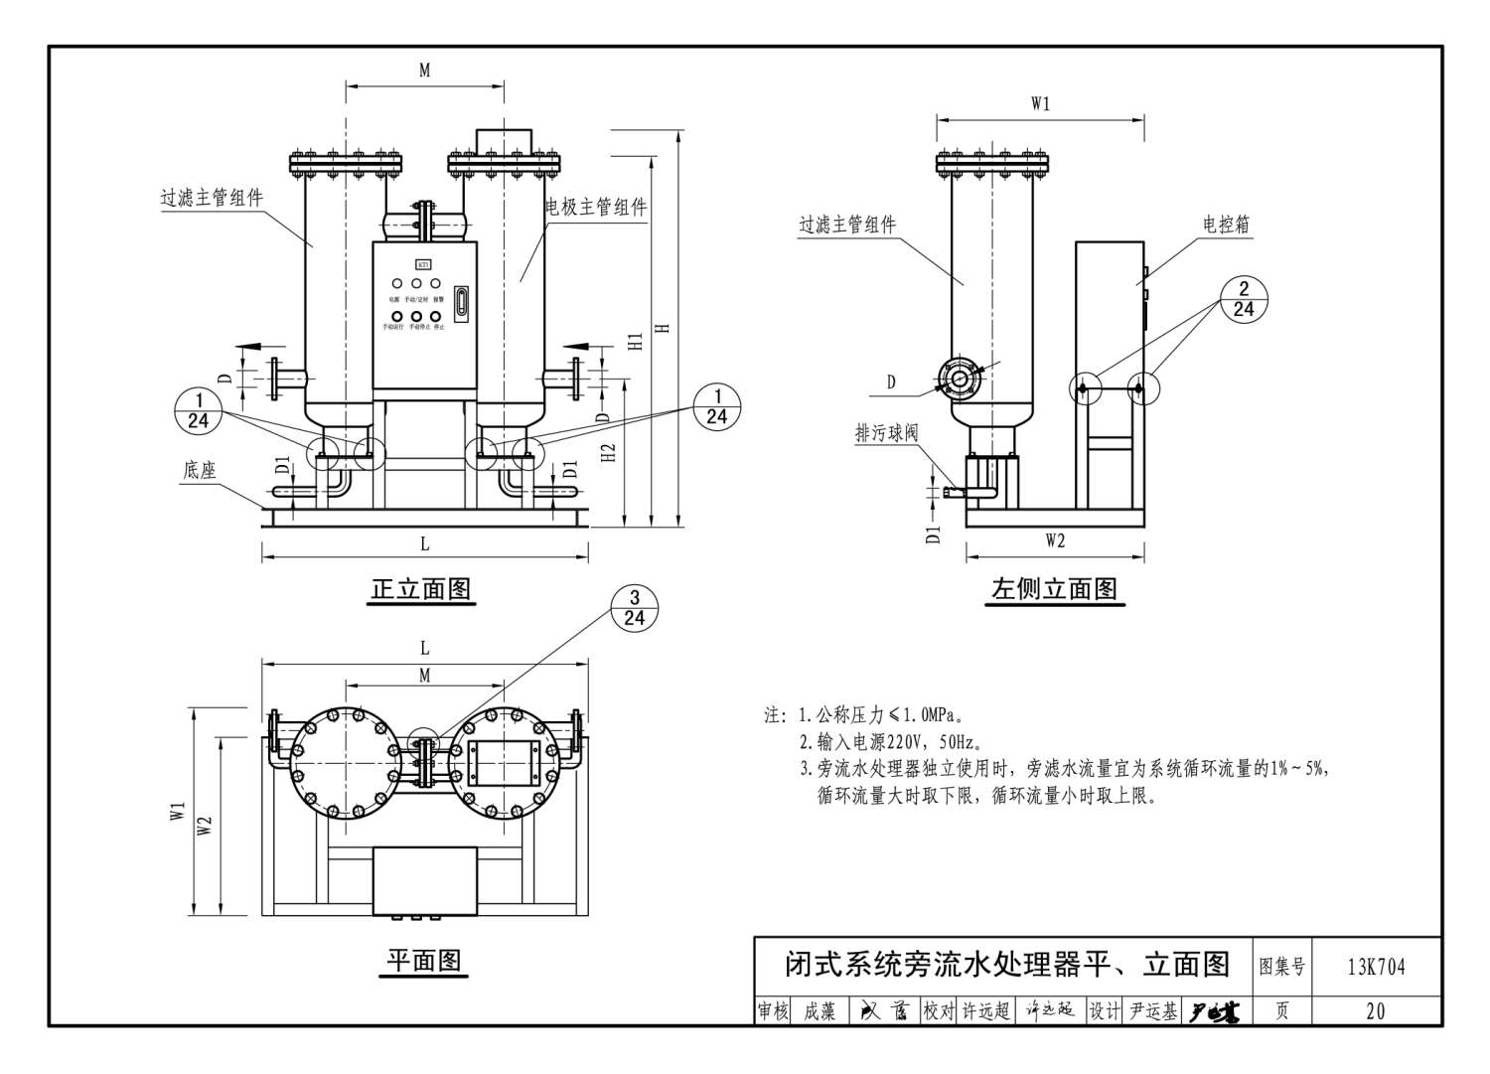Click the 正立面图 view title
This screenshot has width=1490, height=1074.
click(x=421, y=589)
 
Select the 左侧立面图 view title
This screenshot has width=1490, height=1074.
click(x=1054, y=589)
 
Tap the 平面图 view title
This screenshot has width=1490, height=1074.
click(x=424, y=961)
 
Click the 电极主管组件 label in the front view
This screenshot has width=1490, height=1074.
click(x=596, y=207)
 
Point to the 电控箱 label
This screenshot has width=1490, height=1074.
click(x=1226, y=225)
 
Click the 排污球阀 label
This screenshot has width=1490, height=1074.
click(x=886, y=433)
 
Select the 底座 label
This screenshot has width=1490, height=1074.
click(x=200, y=470)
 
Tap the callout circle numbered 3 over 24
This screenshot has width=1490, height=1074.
click(x=635, y=607)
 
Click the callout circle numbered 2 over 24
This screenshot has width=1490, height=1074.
click(x=1244, y=299)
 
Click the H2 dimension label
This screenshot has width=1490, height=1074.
click(x=610, y=451)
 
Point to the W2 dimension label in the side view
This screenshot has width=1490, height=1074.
click(x=1055, y=540)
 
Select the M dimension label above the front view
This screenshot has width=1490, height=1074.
click(x=424, y=71)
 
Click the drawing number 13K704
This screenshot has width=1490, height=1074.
click(x=1376, y=966)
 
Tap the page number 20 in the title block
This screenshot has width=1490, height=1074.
click(x=1376, y=1011)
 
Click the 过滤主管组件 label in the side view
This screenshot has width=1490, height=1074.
click(x=847, y=226)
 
